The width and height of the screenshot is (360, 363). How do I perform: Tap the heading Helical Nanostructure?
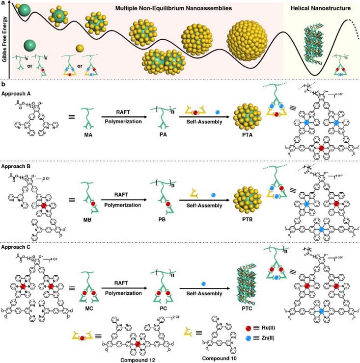[x=319, y=8]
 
